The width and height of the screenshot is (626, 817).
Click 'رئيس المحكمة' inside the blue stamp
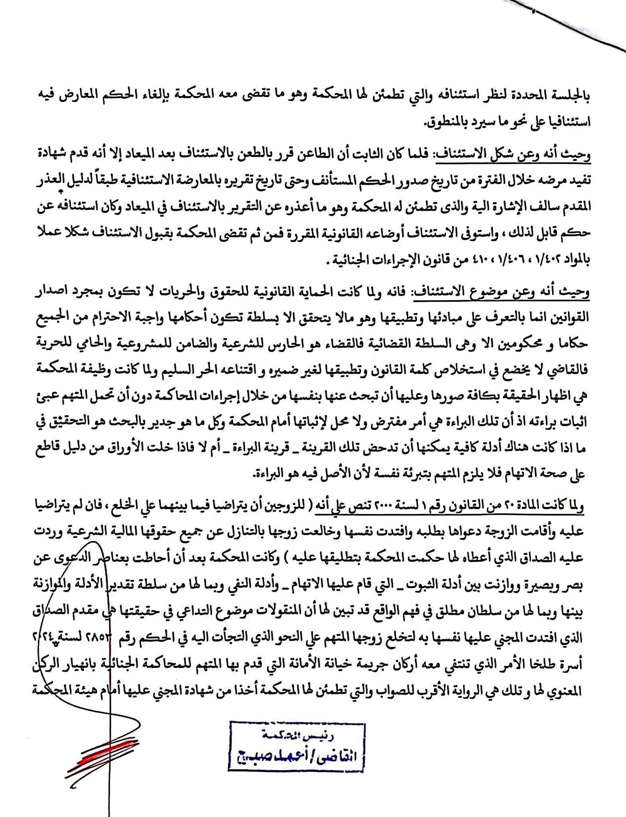pyautogui.click(x=297, y=734)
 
